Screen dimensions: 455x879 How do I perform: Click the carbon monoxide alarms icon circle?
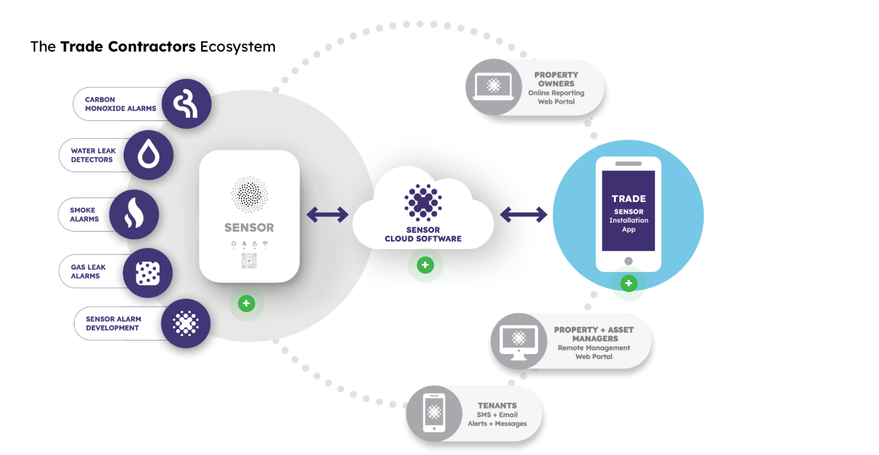(186, 104)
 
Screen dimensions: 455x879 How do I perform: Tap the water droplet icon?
(149, 155)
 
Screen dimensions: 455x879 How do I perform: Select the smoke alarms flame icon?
(134, 215)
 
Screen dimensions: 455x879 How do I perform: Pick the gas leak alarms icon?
(147, 273)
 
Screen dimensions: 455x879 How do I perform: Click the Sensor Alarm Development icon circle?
(185, 324)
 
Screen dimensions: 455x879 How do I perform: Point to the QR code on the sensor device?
(249, 260)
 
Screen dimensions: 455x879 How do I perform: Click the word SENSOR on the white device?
(249, 228)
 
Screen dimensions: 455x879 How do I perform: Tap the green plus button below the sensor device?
(247, 304)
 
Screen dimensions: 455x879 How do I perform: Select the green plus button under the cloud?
(425, 265)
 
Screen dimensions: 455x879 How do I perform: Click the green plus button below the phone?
(628, 283)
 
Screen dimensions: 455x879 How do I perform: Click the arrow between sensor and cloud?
(327, 215)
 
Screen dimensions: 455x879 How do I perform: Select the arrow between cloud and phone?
(524, 215)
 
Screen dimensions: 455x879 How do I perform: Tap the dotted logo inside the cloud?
(423, 203)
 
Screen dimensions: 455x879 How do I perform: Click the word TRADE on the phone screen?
(628, 199)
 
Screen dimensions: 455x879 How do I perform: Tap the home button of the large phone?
(628, 261)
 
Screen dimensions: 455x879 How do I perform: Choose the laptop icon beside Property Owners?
(494, 87)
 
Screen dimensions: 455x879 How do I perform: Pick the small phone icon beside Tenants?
(434, 413)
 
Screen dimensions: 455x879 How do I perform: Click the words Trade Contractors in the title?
(128, 46)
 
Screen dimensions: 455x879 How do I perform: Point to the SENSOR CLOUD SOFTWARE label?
(423, 234)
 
